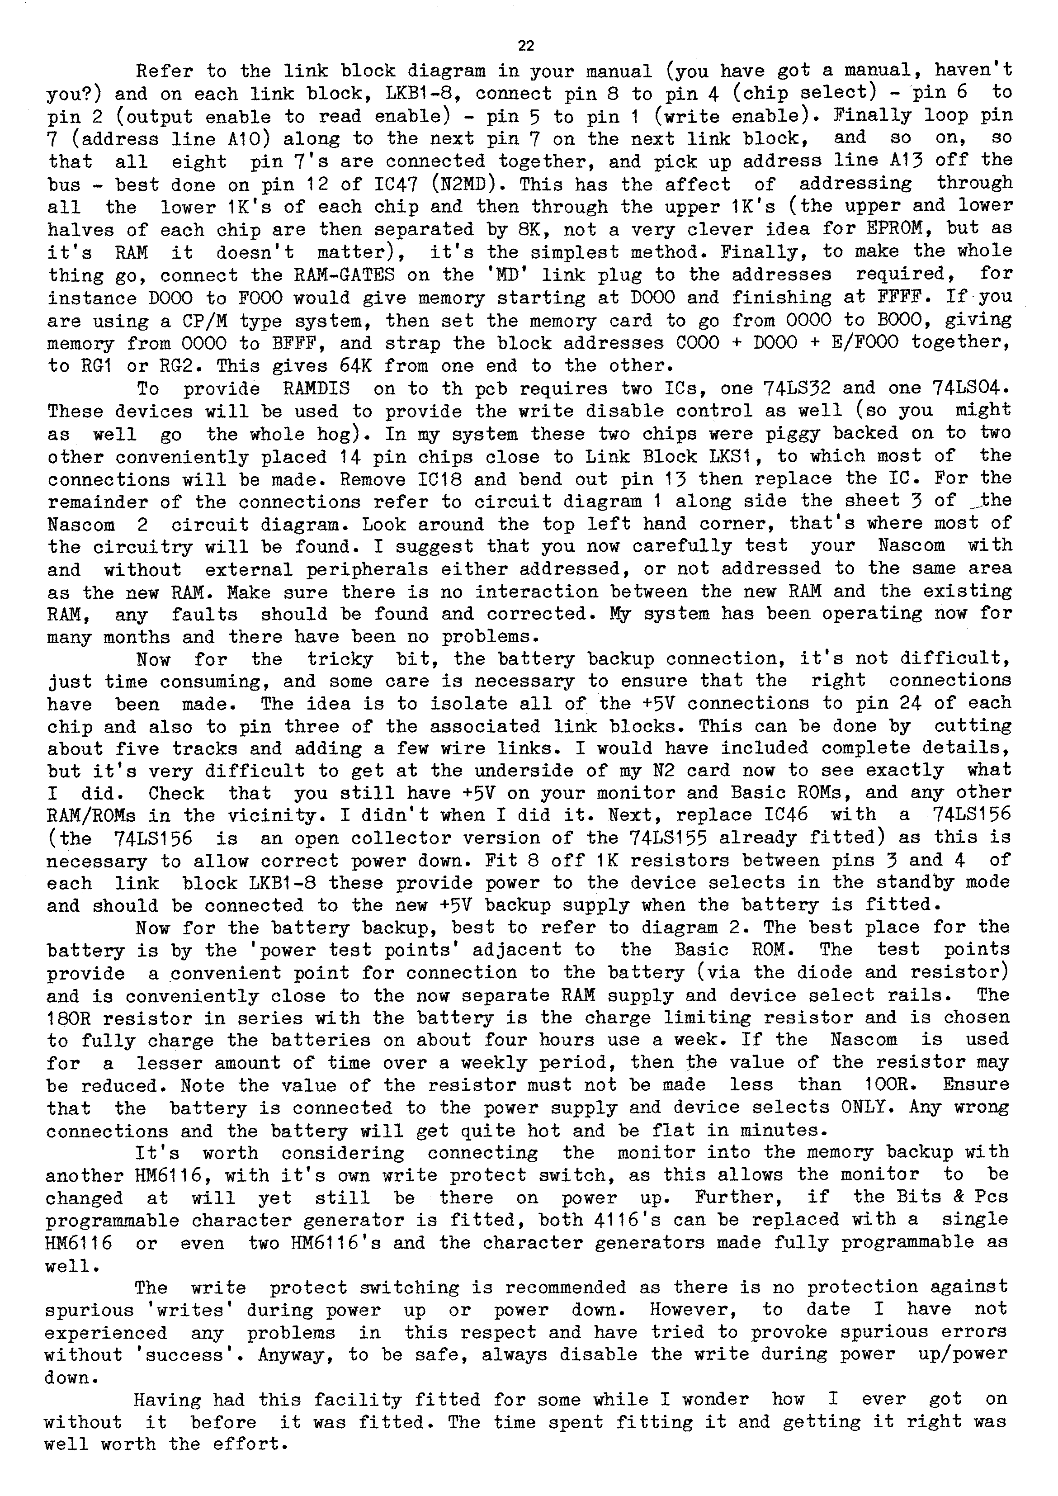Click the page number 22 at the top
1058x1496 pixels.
pyautogui.click(x=526, y=46)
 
